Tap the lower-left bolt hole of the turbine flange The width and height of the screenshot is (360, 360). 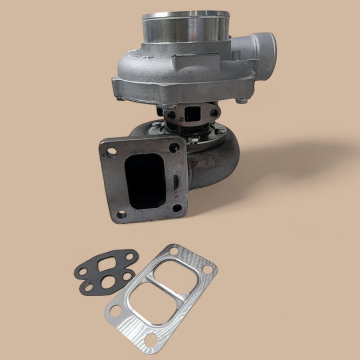(121, 214)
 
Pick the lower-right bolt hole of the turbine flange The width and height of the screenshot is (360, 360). (177, 208)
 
